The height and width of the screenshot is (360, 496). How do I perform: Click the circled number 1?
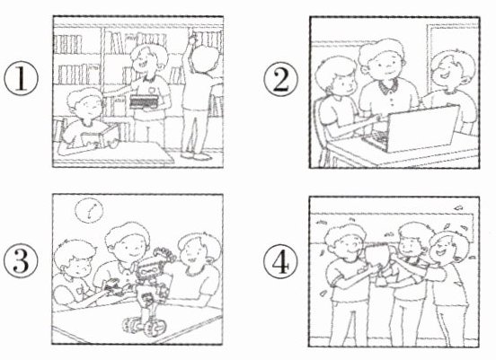click(21, 78)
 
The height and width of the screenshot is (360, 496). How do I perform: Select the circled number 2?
click(281, 79)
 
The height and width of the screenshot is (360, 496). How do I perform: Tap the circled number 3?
click(21, 261)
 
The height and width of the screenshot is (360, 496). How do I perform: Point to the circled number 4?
click(281, 261)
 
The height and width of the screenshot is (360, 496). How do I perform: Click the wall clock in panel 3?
click(90, 210)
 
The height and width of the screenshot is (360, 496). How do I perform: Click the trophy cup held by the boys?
click(379, 261)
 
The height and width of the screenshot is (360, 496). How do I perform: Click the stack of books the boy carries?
click(144, 101)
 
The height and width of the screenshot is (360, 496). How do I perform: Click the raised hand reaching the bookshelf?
click(191, 40)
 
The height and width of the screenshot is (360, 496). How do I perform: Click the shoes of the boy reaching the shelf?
click(196, 155)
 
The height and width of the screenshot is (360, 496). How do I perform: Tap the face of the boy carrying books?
click(143, 62)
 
